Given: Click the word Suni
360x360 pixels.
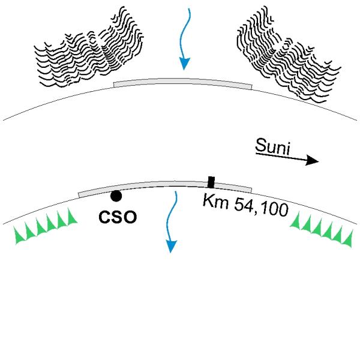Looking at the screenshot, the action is [272, 146].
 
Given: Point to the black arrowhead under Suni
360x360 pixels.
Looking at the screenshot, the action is [313, 160].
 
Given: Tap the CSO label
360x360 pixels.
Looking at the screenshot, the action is [118, 217].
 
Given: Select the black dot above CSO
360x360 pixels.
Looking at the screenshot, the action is [116, 196].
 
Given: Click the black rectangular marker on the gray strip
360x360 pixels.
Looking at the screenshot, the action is [211, 182].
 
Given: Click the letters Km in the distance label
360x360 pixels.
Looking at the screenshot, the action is [216, 202].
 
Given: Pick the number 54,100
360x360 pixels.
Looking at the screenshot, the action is [261, 208].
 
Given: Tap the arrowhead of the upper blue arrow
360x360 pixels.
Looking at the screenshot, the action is [184, 64].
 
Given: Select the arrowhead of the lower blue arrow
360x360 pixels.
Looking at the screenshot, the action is [171, 247].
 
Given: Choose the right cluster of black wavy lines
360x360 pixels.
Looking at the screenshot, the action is [289, 55].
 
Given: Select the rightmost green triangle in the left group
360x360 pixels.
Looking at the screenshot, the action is [71, 217].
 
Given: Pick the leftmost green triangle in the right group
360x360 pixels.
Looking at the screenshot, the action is [296, 221].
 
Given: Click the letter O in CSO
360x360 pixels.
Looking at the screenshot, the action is [130, 217].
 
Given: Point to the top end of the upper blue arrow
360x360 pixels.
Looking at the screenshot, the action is [189, 8].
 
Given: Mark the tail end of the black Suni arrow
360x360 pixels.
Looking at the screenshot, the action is [256, 154].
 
